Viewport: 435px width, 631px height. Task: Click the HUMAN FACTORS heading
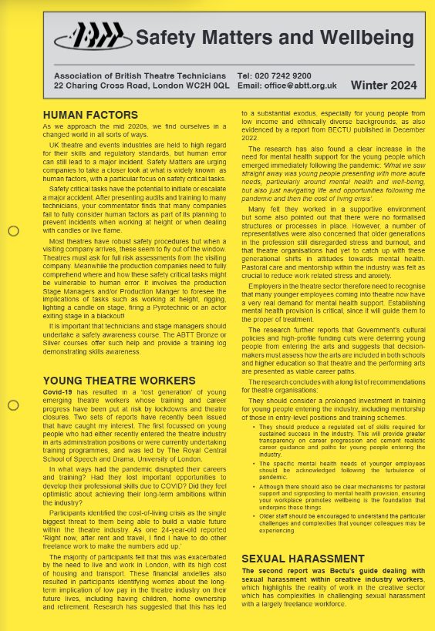point(85,115)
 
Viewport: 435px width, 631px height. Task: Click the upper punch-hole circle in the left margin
point(13,230)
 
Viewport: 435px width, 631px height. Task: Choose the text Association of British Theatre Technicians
point(140,76)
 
